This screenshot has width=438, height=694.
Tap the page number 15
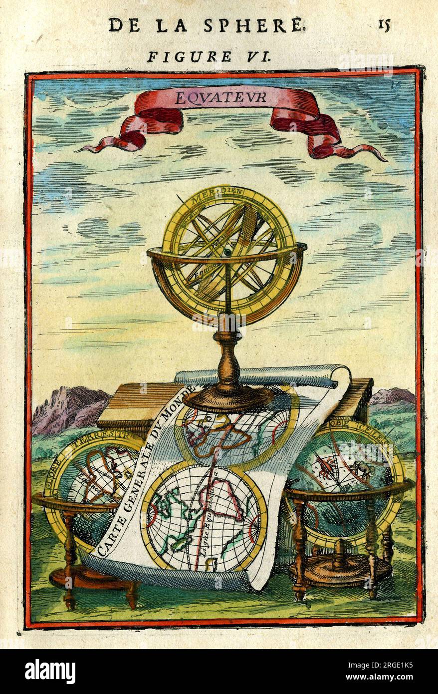(x=383, y=24)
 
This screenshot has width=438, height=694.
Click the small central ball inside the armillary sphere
(x=227, y=254)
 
